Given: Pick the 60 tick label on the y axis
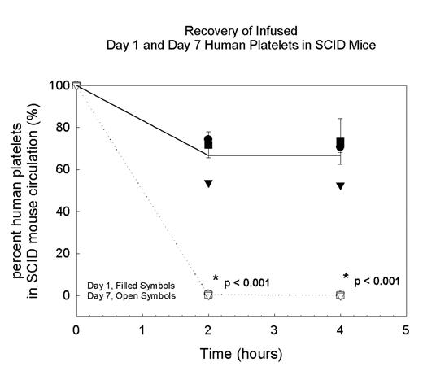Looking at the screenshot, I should point(59,169).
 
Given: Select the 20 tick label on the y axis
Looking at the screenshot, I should point(59,254).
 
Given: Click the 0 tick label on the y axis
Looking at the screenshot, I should point(63,295).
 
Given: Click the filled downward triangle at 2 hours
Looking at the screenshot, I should point(208,184).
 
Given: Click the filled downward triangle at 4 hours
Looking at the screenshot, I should point(340,186).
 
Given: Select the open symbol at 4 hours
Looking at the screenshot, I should point(340,295).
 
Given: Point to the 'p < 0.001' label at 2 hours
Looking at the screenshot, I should point(246,282).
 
